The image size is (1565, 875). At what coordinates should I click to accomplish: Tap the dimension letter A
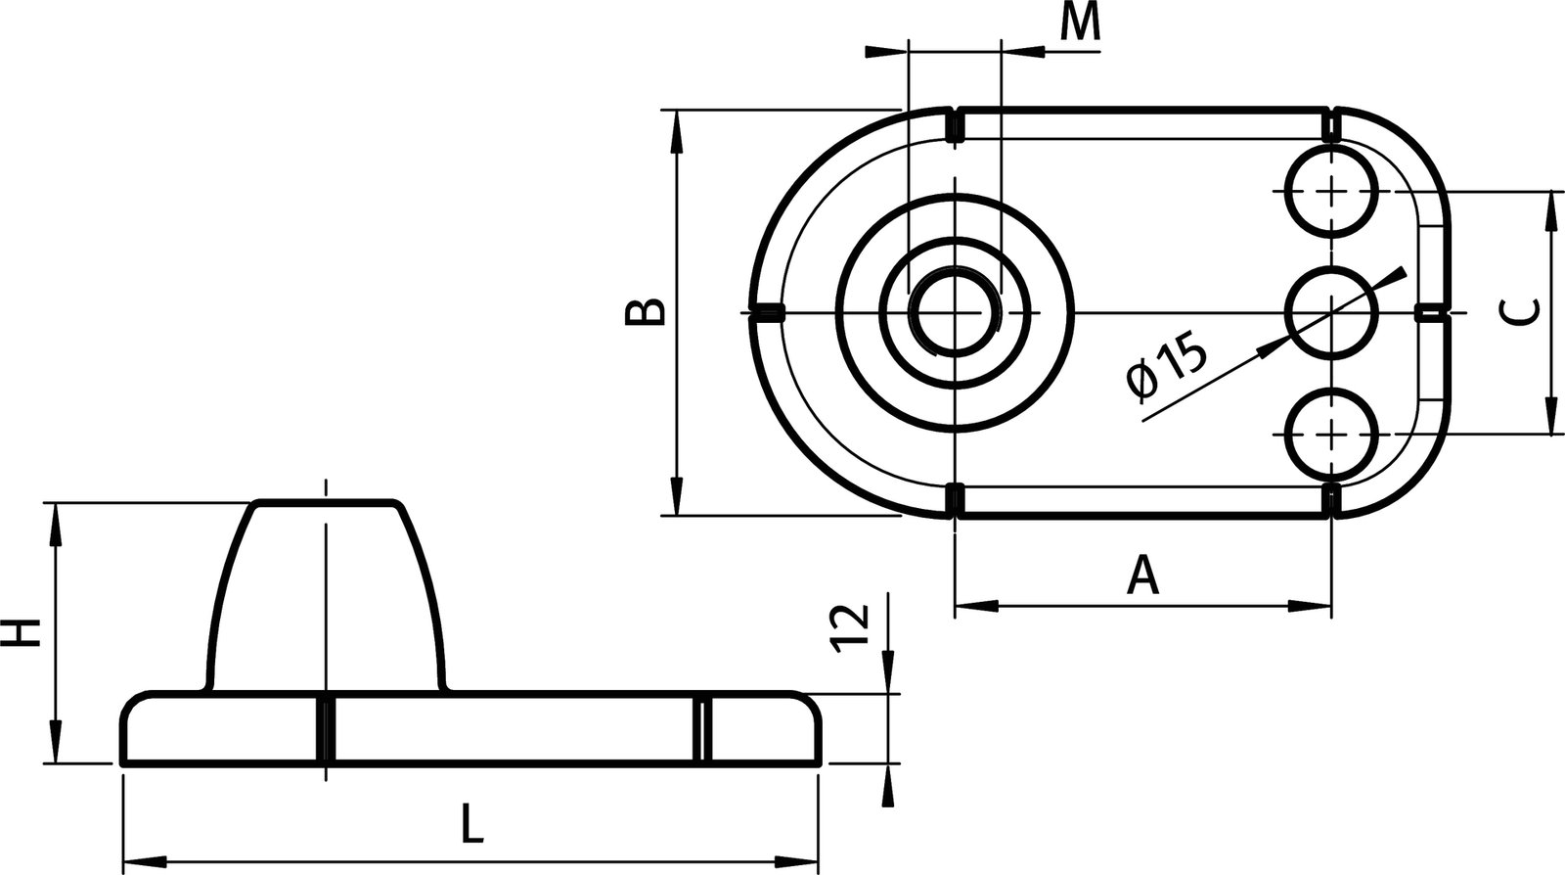(x=1142, y=576)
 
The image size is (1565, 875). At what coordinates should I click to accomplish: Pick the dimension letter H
(x=22, y=632)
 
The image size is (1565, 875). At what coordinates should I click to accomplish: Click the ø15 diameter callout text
(x=1167, y=367)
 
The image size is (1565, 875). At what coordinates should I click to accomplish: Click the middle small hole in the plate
(x=1331, y=312)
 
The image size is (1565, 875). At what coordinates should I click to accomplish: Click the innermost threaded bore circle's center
(x=955, y=312)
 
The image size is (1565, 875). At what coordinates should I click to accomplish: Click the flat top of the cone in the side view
(x=327, y=503)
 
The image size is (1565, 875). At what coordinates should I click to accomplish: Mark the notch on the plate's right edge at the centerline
(x=1430, y=312)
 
